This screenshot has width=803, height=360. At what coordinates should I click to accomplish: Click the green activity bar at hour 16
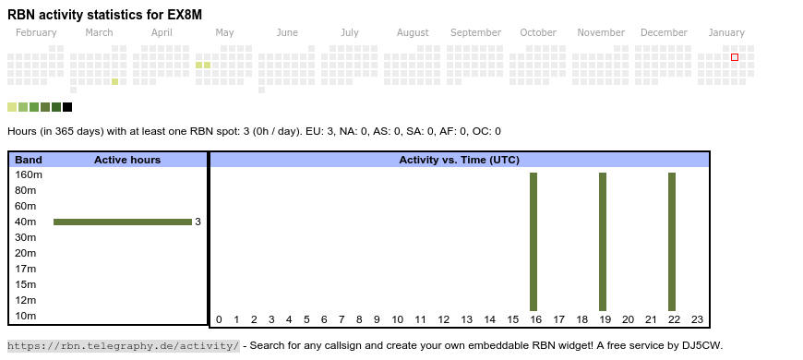533,242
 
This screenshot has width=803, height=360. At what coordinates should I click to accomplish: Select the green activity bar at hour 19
602,242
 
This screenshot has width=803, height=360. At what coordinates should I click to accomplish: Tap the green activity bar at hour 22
672,242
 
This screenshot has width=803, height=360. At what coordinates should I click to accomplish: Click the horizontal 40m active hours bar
123,222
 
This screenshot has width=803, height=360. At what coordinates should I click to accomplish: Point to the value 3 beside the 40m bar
198,222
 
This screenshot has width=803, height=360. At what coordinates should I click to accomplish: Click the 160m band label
29,174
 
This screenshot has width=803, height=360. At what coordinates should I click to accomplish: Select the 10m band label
26,316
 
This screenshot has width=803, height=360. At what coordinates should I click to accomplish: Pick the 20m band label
26,253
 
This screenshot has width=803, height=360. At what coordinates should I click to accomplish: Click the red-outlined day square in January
735,57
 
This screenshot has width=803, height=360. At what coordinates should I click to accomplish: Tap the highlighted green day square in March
115,81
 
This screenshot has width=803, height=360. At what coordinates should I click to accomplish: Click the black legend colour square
67,107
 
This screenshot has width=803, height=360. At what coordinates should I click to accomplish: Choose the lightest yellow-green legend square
12,107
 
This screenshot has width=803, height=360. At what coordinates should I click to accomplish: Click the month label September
475,32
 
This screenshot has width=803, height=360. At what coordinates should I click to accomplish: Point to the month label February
36,32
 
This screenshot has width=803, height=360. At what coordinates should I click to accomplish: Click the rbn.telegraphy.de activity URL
124,345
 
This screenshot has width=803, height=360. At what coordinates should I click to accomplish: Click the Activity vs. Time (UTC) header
460,160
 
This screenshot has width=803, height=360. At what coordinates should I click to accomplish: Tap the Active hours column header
127,160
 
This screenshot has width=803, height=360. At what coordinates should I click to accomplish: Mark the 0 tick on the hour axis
219,319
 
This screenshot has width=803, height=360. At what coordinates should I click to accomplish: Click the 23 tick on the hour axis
697,319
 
